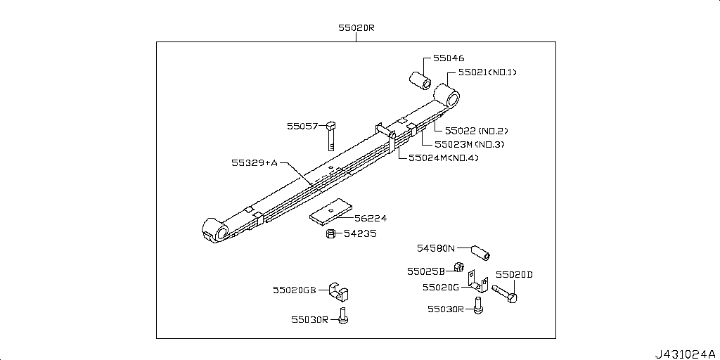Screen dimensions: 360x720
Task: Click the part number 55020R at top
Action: [356, 28]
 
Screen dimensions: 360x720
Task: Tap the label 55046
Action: [449, 59]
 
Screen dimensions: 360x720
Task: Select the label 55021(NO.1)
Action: [491, 72]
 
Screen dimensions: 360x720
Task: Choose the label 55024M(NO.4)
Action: [443, 157]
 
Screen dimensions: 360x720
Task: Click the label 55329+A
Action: [255, 162]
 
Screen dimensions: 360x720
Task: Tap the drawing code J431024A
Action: [684, 352]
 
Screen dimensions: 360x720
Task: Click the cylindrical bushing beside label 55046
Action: [421, 78]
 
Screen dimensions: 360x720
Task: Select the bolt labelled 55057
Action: [331, 134]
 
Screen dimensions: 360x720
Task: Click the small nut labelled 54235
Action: [330, 233]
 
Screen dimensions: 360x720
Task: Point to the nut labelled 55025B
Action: [456, 268]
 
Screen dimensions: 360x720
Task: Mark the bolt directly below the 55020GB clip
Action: [342, 316]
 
